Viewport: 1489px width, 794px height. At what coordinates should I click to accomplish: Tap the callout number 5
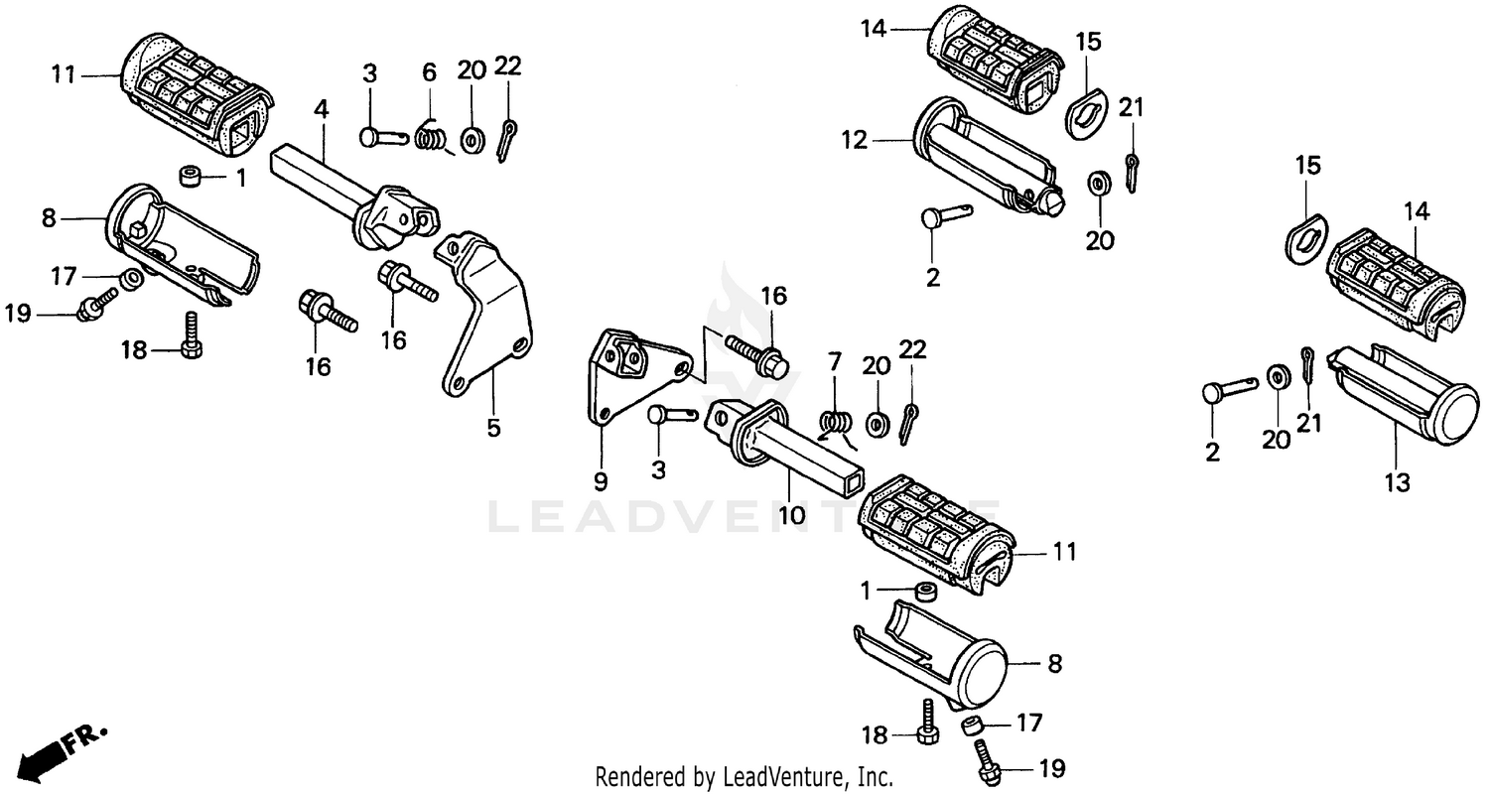[x=493, y=429]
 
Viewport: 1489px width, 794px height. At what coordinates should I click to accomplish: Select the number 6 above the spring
[x=429, y=71]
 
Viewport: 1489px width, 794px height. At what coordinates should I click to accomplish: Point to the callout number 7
[x=834, y=359]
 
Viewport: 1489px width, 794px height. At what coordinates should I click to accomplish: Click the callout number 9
[x=600, y=482]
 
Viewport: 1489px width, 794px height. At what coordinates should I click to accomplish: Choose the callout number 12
[x=855, y=141]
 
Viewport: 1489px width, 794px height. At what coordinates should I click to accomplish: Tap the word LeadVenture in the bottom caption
[x=783, y=775]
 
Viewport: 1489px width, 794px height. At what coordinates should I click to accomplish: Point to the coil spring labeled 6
[x=430, y=137]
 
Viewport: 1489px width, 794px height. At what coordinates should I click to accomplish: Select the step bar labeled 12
[x=983, y=159]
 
